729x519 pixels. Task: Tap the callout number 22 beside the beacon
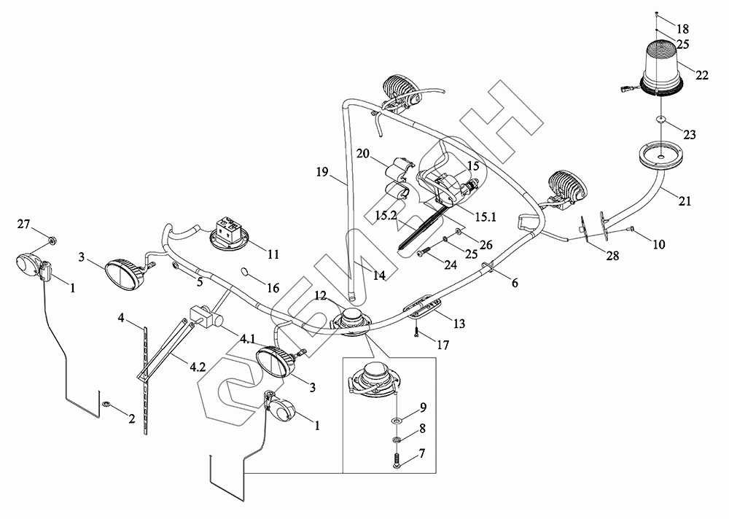702,75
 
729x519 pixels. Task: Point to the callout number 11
273,254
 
